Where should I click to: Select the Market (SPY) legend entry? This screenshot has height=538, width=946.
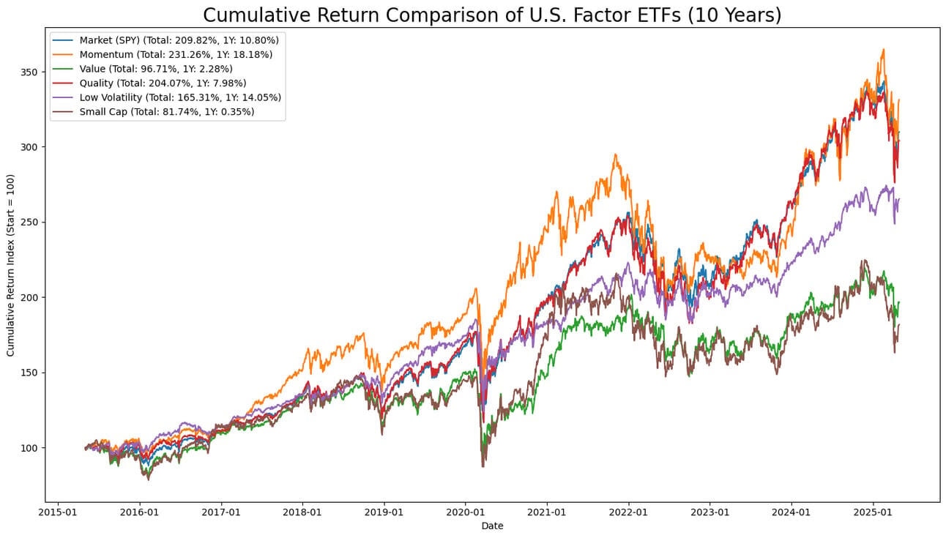[x=179, y=40]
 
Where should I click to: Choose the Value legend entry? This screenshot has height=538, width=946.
[x=156, y=68]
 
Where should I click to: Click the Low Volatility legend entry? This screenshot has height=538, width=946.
[x=180, y=97]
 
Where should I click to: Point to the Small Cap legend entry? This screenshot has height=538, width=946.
[x=167, y=112]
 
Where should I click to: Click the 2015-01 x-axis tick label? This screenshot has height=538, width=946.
[x=58, y=512]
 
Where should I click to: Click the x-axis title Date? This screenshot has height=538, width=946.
[x=492, y=526]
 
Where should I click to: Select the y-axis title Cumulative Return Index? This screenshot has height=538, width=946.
[x=11, y=265]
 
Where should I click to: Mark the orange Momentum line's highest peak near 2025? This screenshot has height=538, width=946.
[x=884, y=50]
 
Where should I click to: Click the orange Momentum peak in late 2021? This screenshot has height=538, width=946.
[x=616, y=154]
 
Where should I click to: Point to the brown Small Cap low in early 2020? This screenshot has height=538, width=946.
[x=483, y=466]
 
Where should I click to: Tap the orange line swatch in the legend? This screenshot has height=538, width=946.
[x=64, y=54]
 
